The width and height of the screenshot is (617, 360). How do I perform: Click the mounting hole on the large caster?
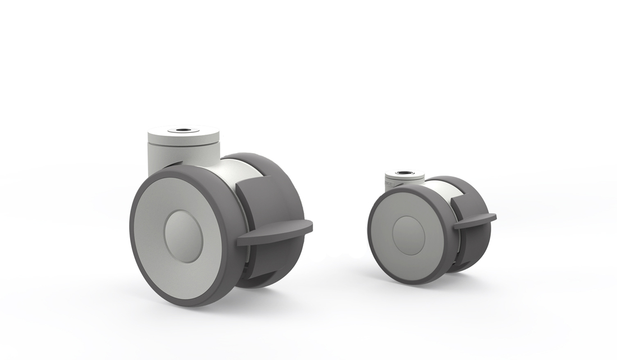point(182,131)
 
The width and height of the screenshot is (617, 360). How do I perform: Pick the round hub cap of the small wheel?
point(408,236)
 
